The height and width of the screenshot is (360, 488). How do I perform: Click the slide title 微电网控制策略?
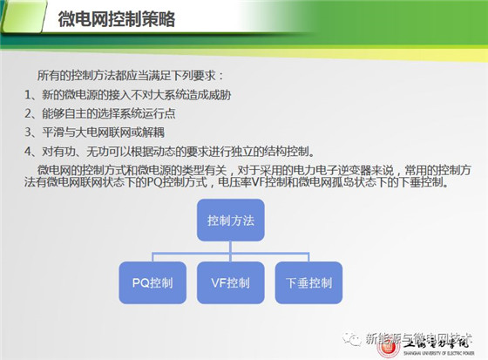click(117, 19)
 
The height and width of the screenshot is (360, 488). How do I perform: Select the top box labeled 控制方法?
click(231, 221)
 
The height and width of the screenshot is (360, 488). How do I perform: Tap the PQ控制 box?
click(152, 282)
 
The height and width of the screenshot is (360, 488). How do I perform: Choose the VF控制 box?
click(231, 282)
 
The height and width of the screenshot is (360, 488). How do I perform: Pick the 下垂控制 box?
click(308, 282)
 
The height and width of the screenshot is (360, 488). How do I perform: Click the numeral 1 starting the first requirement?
click(28, 95)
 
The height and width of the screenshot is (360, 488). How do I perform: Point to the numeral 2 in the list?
click(28, 113)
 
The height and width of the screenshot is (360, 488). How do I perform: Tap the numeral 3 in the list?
click(28, 132)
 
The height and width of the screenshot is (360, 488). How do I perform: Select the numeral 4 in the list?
click(28, 152)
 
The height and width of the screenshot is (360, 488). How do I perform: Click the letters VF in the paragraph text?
click(258, 182)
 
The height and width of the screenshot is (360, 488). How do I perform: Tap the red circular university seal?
click(388, 347)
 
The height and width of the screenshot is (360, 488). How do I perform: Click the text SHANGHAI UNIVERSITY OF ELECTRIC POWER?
click(439, 353)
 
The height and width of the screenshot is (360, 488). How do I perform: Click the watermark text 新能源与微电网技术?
click(419, 339)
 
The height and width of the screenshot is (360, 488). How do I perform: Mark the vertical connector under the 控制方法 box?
click(231, 251)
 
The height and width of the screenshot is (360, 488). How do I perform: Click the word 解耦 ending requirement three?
click(153, 132)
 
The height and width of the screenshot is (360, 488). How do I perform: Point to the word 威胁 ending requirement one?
click(220, 95)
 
